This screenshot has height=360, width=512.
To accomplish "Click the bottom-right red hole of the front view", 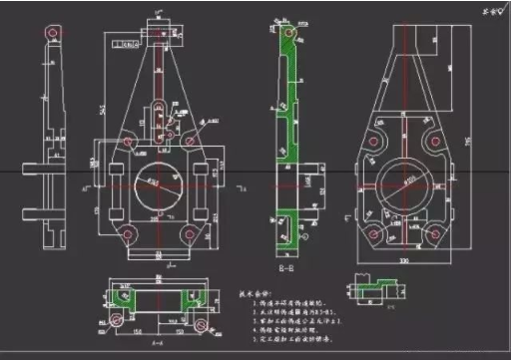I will (x=190, y=234).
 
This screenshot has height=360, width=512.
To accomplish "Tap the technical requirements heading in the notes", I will (x=256, y=294).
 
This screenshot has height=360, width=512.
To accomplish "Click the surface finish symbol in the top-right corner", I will (x=491, y=13).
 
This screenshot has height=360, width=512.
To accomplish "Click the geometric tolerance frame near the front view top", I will (x=125, y=44).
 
